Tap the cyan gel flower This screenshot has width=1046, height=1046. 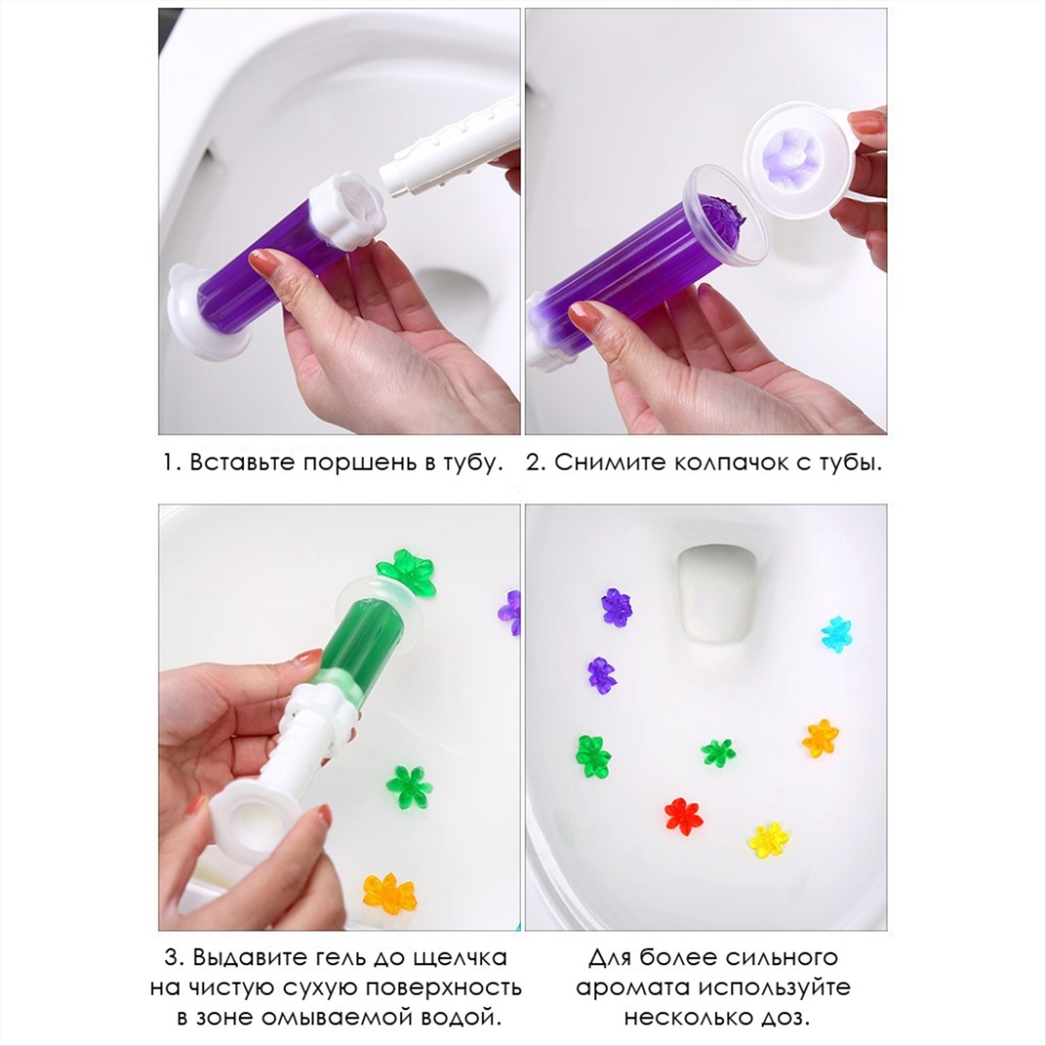coord(837,633)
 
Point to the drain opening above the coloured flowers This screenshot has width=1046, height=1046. coord(713,587)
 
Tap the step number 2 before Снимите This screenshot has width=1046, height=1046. coord(535,463)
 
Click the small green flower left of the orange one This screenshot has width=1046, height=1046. coord(718,752)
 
